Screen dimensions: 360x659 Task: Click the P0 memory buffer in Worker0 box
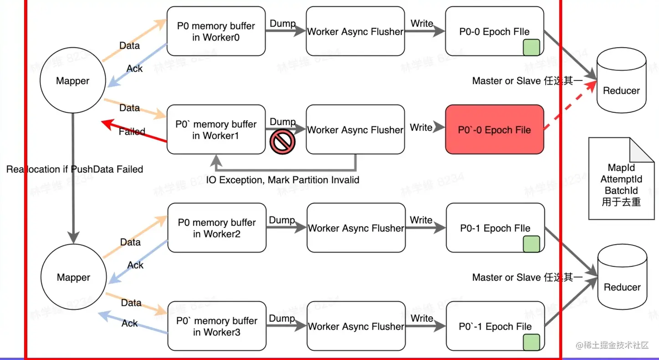click(x=216, y=31)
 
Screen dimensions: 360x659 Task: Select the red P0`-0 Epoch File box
click(x=494, y=130)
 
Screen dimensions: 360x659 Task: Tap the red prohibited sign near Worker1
click(x=282, y=142)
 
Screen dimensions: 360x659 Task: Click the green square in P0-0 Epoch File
click(x=531, y=47)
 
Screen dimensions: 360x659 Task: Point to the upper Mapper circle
click(x=73, y=81)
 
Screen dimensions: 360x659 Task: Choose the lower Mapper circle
click(x=73, y=278)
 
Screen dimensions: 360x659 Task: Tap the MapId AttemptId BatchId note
click(x=621, y=180)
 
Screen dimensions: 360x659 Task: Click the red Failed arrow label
click(x=132, y=132)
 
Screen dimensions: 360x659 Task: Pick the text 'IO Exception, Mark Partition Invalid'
click(x=283, y=180)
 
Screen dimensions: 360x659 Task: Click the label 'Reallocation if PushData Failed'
click(x=75, y=169)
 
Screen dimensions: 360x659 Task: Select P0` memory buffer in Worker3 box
click(x=217, y=326)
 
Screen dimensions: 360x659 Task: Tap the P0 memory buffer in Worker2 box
click(x=217, y=228)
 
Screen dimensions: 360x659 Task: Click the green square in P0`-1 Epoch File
click(x=531, y=342)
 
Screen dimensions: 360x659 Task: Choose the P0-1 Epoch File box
click(x=495, y=228)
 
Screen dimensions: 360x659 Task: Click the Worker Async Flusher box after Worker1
click(x=355, y=130)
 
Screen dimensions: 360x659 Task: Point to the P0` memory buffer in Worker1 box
click(x=216, y=130)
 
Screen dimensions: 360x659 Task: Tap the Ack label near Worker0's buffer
click(x=135, y=69)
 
